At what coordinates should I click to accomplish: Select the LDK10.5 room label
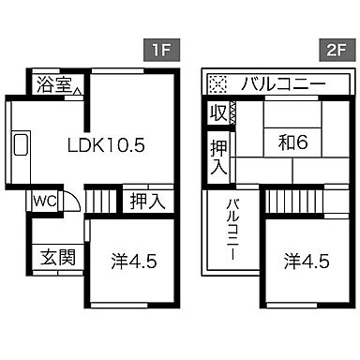point(105,145)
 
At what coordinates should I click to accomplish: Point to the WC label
point(46,200)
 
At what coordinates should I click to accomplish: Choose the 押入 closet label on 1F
point(146,200)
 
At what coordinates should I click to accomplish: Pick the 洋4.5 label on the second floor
point(307,260)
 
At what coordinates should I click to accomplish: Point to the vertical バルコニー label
point(231,230)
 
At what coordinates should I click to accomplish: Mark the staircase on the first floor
point(105,199)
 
